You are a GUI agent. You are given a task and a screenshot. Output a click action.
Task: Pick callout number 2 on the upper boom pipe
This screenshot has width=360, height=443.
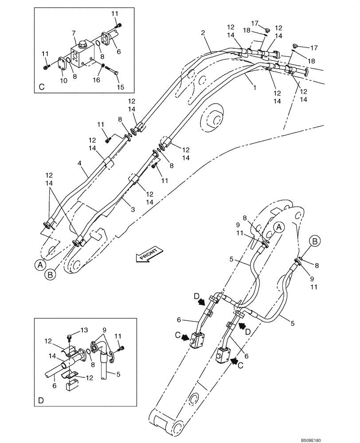click(203, 33)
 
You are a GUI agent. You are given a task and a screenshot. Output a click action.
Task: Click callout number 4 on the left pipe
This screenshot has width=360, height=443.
click(80, 163)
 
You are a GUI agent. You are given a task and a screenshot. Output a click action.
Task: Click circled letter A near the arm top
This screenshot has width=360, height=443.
click(278, 228)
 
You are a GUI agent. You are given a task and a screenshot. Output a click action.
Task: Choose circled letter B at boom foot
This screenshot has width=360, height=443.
click(51, 275)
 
